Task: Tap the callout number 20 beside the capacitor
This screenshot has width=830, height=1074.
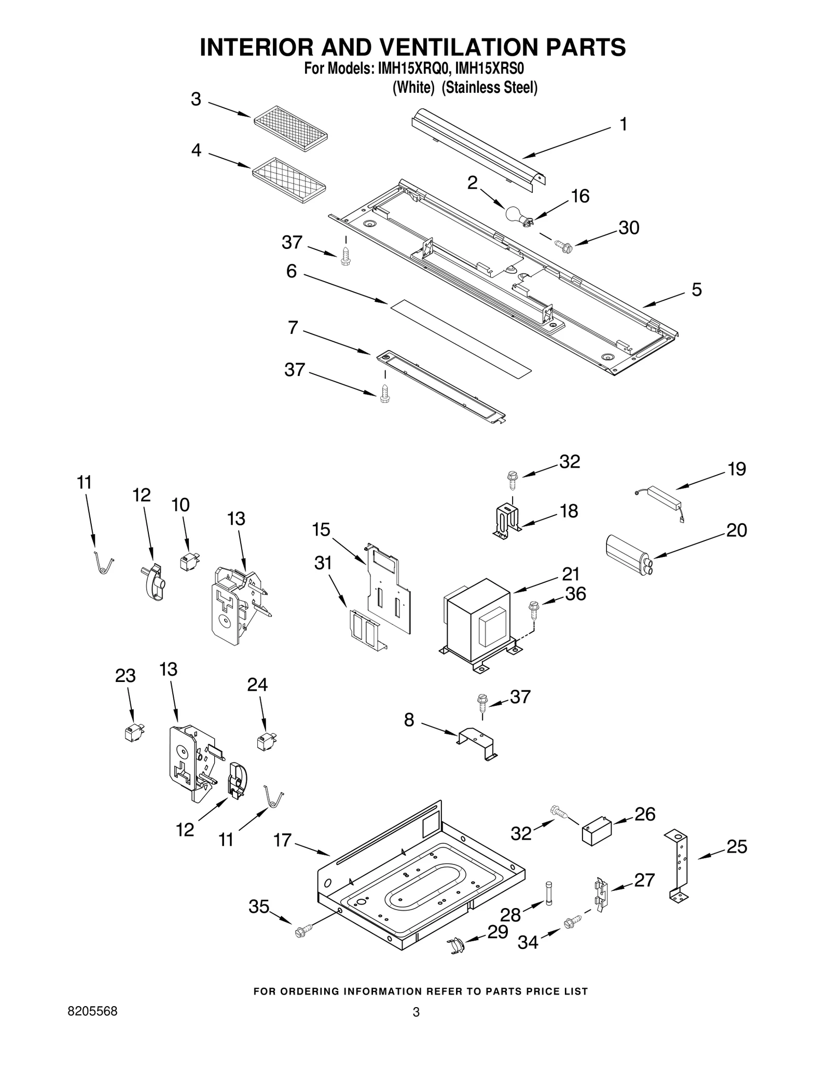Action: click(736, 530)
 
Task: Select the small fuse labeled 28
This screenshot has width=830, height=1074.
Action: click(549, 892)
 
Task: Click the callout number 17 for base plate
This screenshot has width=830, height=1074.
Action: click(283, 840)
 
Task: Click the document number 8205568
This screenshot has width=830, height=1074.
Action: click(93, 1011)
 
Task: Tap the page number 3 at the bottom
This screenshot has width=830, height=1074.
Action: click(416, 1012)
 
